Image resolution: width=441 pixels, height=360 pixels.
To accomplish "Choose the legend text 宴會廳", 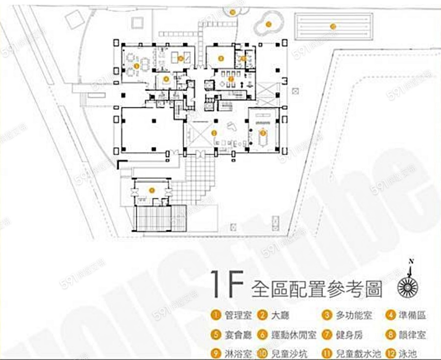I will (236, 335).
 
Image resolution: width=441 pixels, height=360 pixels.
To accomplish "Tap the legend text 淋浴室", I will (236, 353).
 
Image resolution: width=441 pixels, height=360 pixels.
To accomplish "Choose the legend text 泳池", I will (406, 353).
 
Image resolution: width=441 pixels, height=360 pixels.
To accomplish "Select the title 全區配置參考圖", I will (316, 289).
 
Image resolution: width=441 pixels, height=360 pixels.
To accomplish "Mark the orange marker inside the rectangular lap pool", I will (333, 26).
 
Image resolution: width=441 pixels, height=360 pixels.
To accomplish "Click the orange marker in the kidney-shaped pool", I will (268, 23).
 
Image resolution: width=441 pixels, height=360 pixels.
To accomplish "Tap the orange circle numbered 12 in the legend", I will (391, 353).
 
